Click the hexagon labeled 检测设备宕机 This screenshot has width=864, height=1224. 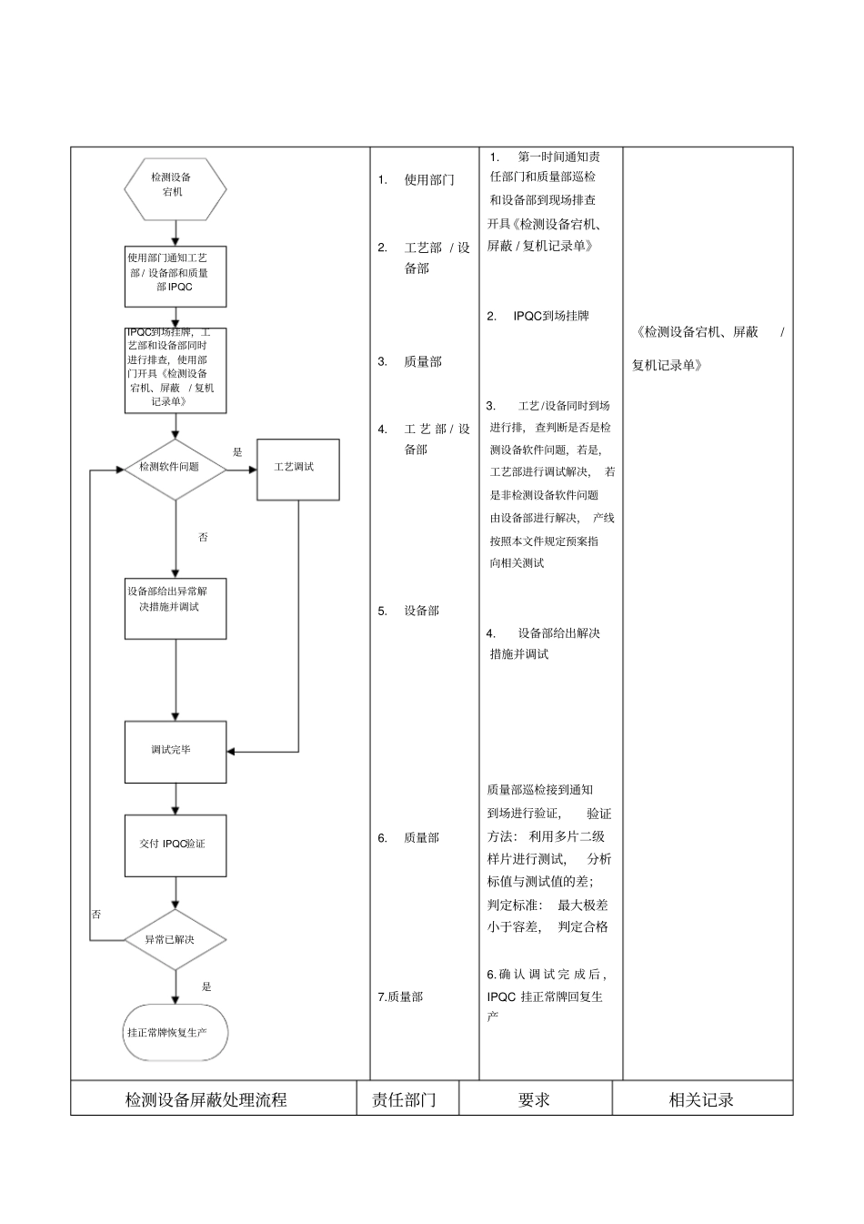(175, 189)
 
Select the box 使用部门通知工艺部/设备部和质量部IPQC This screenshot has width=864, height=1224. (175, 276)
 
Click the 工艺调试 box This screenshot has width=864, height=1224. (297, 469)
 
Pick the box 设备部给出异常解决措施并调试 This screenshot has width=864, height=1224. (175, 607)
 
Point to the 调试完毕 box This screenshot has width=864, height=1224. (175, 752)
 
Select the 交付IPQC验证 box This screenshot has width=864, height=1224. (175, 845)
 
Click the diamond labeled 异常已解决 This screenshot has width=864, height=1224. (175, 939)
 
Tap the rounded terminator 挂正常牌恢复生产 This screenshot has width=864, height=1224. (175, 1032)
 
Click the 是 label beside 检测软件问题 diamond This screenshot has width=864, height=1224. (237, 451)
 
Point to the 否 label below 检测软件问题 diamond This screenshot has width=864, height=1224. (203, 537)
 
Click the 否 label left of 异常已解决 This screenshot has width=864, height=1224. (96, 914)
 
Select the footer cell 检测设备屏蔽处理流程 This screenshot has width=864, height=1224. (206, 1099)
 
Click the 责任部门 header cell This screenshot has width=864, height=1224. (405, 1099)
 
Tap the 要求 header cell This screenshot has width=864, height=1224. (534, 1099)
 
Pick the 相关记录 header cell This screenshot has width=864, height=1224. (701, 1099)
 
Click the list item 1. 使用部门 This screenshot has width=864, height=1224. (418, 180)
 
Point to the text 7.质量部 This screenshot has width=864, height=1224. (400, 996)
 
